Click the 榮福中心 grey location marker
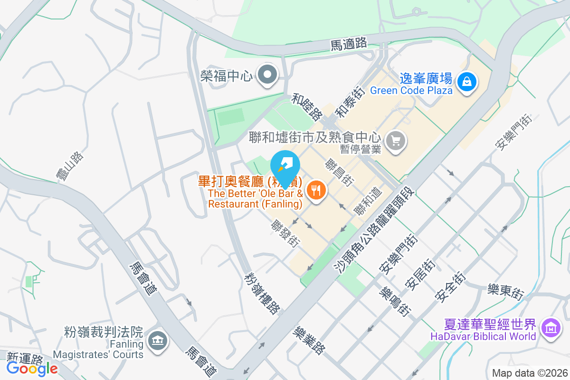[x=268, y=75]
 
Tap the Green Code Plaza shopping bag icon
[x=467, y=82]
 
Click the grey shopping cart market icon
[x=396, y=140]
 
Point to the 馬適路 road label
[x=349, y=44]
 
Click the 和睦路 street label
[x=307, y=107]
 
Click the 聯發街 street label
[x=285, y=233]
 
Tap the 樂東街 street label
[x=505, y=291]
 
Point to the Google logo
[x=32, y=368]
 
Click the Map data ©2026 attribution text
[x=529, y=373]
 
